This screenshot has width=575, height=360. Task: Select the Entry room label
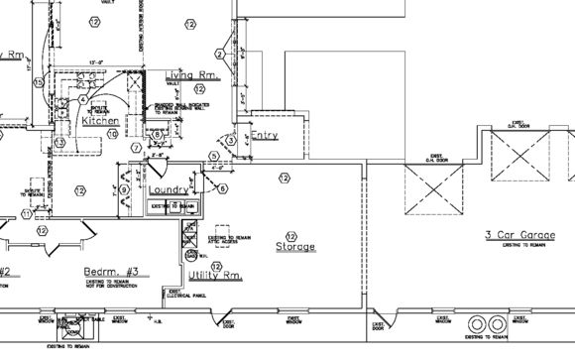[x=264, y=135]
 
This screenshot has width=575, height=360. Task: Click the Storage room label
[x=295, y=246]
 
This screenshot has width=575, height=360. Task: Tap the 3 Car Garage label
[x=518, y=235]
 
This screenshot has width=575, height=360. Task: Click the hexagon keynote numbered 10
[x=112, y=133]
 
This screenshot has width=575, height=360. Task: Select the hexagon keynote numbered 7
[x=136, y=148]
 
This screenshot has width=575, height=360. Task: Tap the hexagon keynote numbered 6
[x=222, y=188]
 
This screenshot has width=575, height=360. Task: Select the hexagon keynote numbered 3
[x=230, y=141]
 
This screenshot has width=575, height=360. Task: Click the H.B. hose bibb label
[x=149, y=319]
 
